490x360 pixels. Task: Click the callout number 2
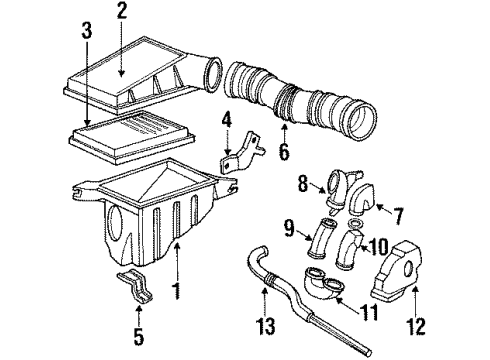coord(122,12)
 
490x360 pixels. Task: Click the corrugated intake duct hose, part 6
coord(300,105)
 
